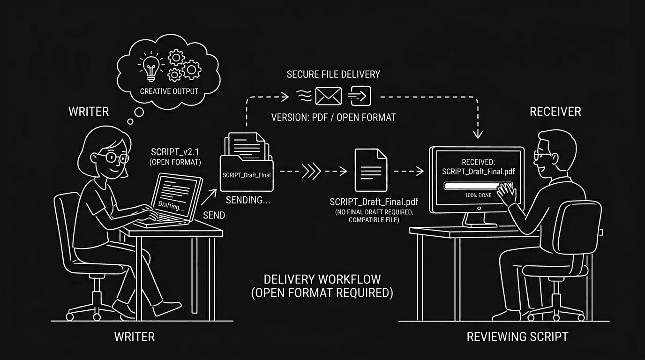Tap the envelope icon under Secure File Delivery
(x=328, y=96)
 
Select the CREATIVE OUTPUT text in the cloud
(x=169, y=91)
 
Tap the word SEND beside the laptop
(x=214, y=215)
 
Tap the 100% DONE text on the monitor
(x=478, y=195)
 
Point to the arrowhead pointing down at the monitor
(x=478, y=134)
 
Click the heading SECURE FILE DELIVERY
(x=333, y=75)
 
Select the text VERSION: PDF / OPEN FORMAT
(x=333, y=117)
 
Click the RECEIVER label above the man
(x=555, y=112)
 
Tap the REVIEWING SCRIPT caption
(x=517, y=337)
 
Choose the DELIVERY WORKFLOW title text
(x=322, y=279)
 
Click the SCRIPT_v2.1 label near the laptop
(x=175, y=152)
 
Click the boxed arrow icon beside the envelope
(x=360, y=96)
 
